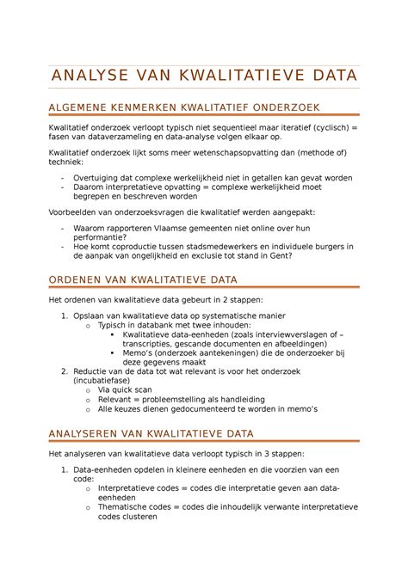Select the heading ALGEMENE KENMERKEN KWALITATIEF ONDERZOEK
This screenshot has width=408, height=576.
point(185,107)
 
